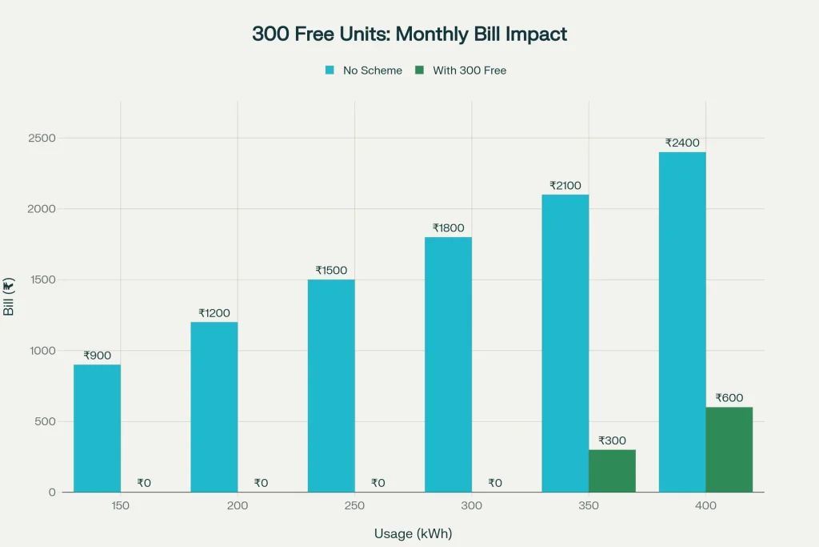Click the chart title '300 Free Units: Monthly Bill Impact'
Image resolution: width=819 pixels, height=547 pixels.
(409, 34)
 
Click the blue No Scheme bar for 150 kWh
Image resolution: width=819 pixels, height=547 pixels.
(97, 428)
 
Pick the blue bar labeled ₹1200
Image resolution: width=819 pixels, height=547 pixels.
(214, 407)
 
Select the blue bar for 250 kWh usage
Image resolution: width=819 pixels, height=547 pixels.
(331, 386)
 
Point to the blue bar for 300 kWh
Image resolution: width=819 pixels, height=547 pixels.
(448, 364)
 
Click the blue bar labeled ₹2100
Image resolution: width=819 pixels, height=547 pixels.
(565, 343)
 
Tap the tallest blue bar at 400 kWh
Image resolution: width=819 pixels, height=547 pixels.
(681, 322)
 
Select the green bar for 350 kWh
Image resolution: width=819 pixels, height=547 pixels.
(612, 471)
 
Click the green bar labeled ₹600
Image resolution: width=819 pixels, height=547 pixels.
(729, 449)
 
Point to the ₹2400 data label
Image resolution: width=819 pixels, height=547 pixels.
(681, 143)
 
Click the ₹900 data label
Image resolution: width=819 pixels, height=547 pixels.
(97, 356)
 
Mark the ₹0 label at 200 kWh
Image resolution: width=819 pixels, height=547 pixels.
(261, 483)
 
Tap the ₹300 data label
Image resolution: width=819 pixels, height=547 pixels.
(612, 440)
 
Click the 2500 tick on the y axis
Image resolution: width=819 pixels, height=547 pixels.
(42, 138)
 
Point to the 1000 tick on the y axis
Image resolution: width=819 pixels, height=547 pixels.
(42, 351)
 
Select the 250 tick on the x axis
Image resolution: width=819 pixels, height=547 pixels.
(354, 506)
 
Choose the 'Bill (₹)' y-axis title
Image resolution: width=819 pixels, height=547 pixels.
(10, 297)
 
